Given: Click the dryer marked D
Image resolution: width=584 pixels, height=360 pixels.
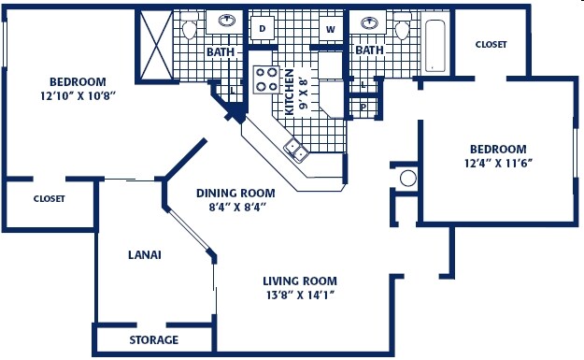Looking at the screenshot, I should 263,29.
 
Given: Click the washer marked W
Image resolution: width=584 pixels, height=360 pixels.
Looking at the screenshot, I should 330,29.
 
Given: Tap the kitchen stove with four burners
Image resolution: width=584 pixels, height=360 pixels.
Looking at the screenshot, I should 266,79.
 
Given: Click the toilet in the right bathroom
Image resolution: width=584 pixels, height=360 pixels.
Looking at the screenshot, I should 404,28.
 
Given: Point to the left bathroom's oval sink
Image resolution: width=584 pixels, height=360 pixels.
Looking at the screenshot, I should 226,20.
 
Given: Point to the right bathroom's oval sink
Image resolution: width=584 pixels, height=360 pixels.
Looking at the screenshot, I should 368,20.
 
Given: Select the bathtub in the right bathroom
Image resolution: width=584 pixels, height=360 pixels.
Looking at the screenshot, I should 435,42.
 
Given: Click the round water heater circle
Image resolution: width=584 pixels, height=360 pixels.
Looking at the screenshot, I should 407,179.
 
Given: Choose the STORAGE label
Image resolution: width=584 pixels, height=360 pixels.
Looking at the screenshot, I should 153,339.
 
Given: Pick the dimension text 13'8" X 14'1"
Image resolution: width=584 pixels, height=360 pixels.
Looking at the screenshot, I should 299,295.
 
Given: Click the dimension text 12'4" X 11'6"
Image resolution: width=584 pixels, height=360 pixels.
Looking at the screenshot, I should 498,163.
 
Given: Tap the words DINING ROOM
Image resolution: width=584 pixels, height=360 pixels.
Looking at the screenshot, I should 236,194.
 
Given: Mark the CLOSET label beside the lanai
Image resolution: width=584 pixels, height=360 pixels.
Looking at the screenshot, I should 49,198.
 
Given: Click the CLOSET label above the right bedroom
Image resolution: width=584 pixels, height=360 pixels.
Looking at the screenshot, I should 491,44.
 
